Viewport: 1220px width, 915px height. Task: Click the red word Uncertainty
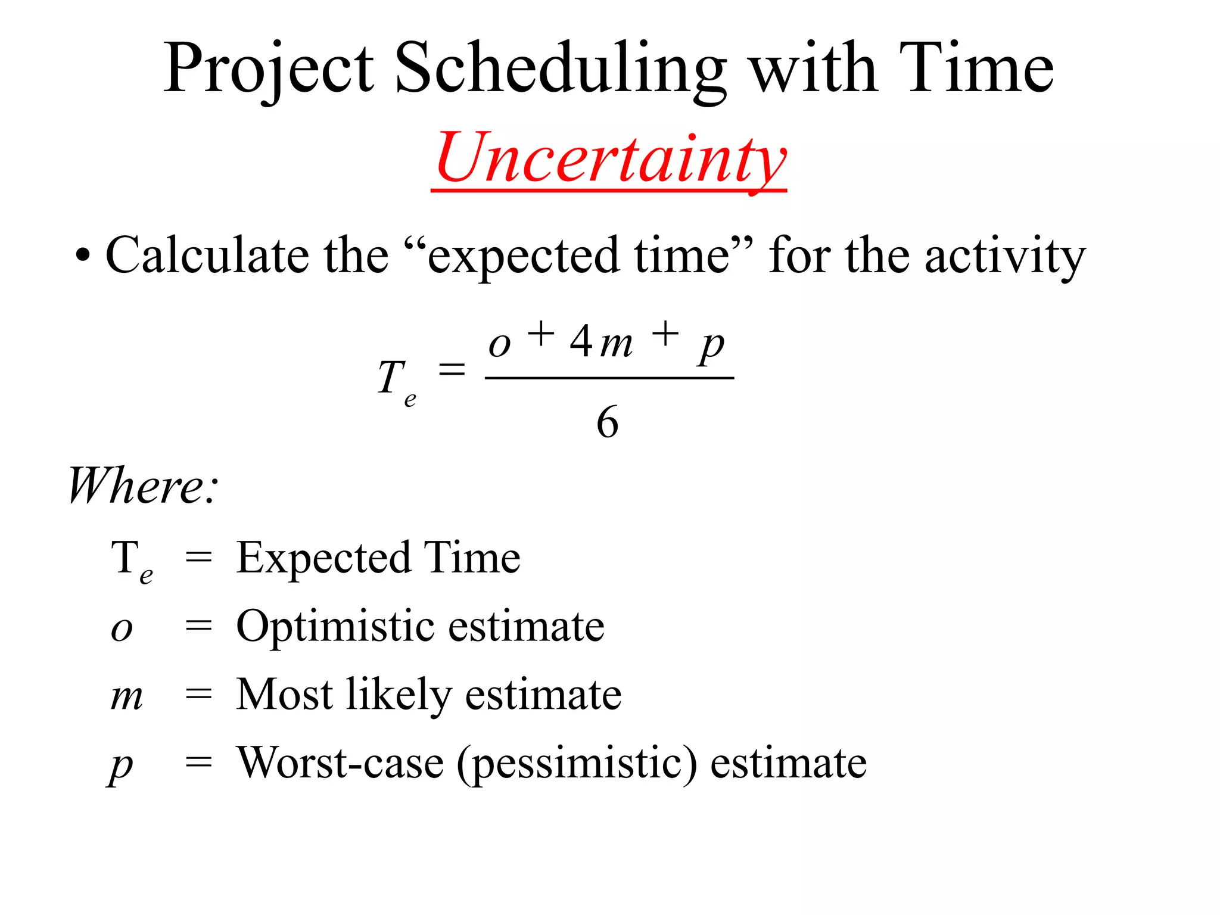tap(610, 157)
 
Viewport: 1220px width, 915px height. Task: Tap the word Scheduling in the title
tap(560, 69)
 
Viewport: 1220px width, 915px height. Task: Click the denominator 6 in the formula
tap(607, 422)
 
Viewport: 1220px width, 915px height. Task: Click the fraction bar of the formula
tap(609, 378)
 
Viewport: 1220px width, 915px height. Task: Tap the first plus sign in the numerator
tap(541, 334)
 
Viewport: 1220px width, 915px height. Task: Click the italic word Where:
tap(143, 486)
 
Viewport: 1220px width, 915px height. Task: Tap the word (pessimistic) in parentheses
tap(577, 764)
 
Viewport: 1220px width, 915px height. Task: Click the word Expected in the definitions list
tap(323, 559)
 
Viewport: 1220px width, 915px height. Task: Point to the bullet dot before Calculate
tap(83, 256)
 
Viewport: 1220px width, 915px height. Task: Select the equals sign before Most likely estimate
tap(198, 694)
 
